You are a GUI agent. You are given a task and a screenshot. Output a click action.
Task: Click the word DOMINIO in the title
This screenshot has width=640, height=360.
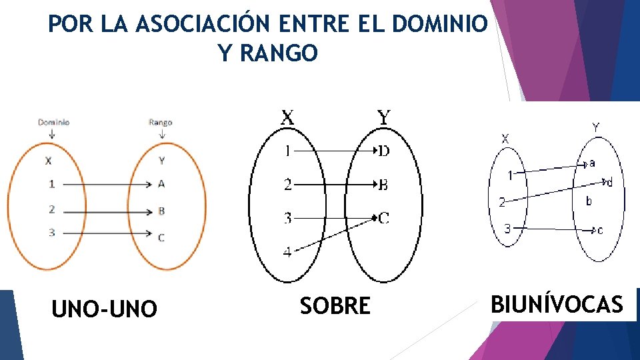(x=440, y=24)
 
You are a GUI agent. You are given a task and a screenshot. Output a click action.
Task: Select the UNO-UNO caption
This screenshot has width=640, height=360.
(x=104, y=309)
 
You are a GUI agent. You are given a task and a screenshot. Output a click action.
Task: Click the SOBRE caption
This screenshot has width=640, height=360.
(x=335, y=306)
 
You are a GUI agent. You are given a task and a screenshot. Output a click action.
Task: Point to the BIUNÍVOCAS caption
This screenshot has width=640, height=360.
(x=557, y=305)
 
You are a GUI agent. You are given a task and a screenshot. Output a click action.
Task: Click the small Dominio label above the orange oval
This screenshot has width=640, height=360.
(x=53, y=123)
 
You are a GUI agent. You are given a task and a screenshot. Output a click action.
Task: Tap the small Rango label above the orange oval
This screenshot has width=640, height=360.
(x=160, y=123)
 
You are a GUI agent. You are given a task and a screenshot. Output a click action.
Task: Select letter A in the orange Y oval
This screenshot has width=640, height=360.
(x=161, y=184)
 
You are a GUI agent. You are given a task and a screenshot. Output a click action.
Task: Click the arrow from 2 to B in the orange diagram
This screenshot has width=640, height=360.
(x=107, y=211)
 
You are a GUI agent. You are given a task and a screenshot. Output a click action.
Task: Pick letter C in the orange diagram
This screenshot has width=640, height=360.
(x=161, y=237)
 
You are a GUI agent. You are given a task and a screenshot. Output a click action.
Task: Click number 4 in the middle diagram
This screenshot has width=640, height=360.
(x=287, y=252)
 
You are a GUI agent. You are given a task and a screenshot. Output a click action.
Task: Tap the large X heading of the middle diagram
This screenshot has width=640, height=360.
(x=287, y=118)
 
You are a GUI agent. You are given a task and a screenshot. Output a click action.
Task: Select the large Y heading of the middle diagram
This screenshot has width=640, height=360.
(x=384, y=118)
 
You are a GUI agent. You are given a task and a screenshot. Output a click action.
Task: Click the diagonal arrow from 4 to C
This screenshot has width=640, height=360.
(x=333, y=233)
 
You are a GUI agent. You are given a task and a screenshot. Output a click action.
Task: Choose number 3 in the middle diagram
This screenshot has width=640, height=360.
(x=287, y=217)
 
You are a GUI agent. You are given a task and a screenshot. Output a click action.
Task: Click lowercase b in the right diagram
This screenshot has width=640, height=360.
(x=589, y=201)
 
